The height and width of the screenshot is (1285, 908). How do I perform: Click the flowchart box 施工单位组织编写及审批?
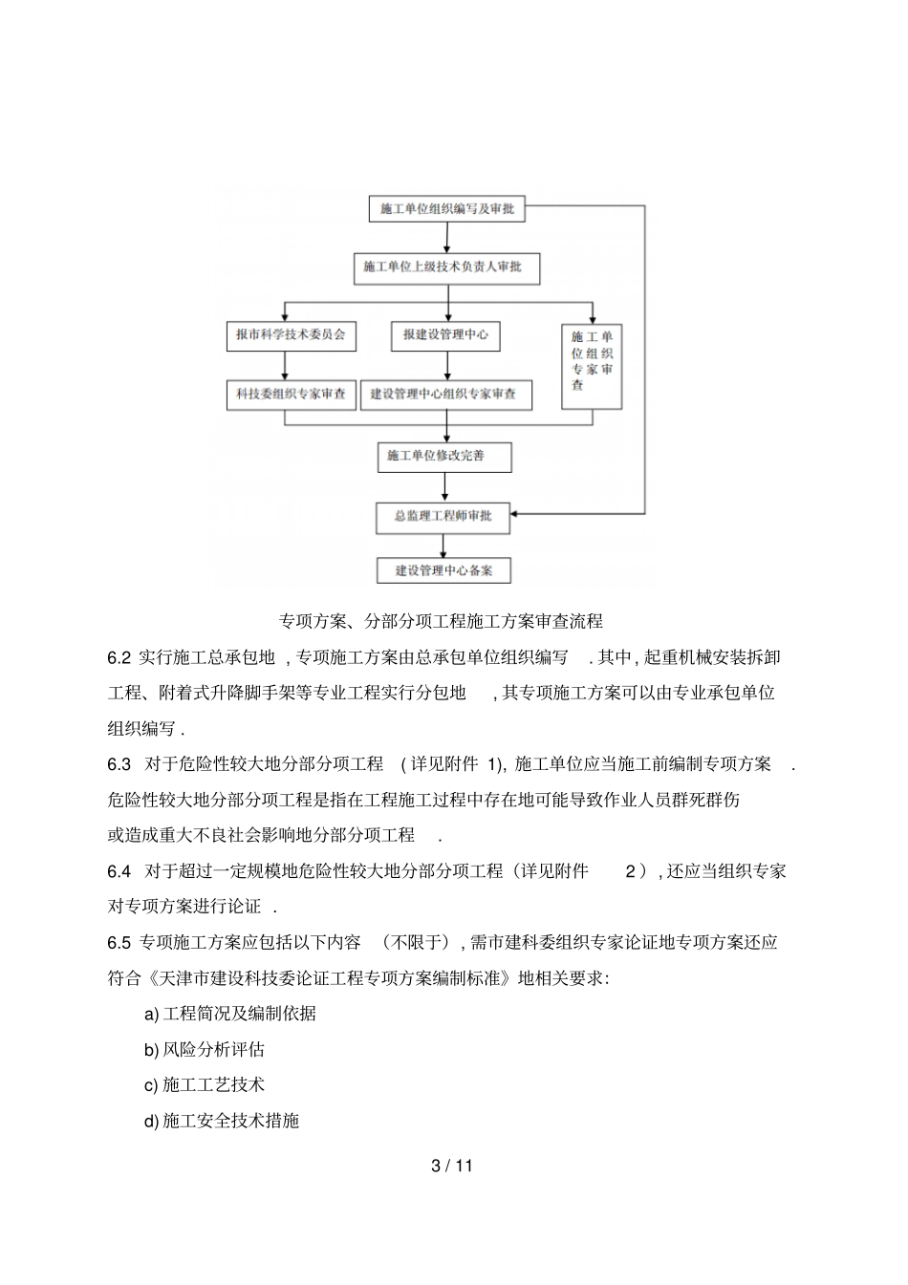446,209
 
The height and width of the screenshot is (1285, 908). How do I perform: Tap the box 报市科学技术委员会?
291,335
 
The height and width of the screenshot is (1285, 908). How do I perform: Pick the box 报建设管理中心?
445,335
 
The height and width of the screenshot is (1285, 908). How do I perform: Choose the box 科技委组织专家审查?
291,395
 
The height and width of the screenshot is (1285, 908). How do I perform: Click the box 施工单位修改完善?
443,457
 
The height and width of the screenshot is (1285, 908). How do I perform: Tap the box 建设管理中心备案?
443,570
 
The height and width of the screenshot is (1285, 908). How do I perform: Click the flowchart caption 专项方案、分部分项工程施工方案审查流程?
440,621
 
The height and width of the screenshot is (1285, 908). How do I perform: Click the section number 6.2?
119,657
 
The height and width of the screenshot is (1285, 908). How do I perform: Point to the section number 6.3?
119,763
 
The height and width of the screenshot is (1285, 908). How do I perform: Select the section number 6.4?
119,870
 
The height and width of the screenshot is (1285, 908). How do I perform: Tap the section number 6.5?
119,942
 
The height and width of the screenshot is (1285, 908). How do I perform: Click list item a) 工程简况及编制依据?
229,1014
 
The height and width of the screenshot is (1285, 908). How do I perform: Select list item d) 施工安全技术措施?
221,1120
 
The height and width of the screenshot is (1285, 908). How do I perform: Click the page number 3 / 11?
452,1166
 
